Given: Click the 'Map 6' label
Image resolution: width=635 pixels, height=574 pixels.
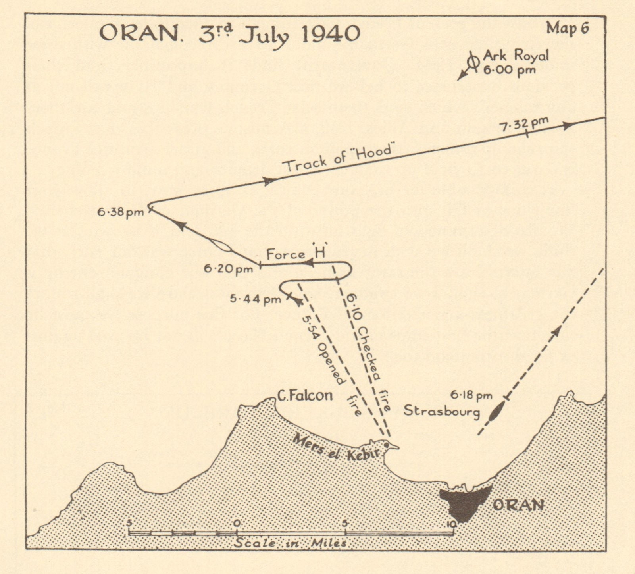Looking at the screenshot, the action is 568,28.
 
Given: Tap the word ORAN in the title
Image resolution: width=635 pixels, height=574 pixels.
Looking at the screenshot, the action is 139,33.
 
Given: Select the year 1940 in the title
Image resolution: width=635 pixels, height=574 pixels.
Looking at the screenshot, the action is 330,34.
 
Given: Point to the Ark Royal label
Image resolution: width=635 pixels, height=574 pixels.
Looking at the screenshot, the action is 516,56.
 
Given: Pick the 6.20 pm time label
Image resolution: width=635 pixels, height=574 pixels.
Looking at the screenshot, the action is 228,269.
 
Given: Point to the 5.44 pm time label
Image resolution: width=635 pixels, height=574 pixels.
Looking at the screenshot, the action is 255,299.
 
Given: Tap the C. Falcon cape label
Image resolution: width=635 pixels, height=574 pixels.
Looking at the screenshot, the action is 305,395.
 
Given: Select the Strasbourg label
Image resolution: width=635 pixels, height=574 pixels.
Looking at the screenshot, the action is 441,411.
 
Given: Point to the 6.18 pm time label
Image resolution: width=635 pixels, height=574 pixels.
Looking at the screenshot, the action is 471,395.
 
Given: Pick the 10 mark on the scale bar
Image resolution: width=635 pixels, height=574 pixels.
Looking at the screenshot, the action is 451,524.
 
